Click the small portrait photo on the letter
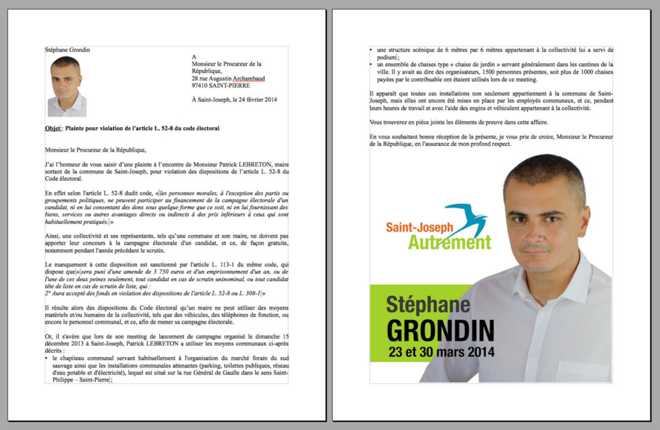pyautogui.click(x=67, y=86)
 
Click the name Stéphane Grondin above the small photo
pyautogui.click(x=68, y=50)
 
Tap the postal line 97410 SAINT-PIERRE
pyautogui.click(x=221, y=86)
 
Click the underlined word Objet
pyautogui.click(x=52, y=129)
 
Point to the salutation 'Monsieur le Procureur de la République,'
pyautogui.click(x=95, y=150)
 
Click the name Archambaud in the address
pyautogui.click(x=247, y=78)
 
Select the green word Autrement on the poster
pyautogui.click(x=449, y=243)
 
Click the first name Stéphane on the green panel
pyautogui.click(x=427, y=304)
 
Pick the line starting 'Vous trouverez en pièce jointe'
pyautogui.click(x=459, y=121)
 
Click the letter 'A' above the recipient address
pyautogui.click(x=194, y=57)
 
